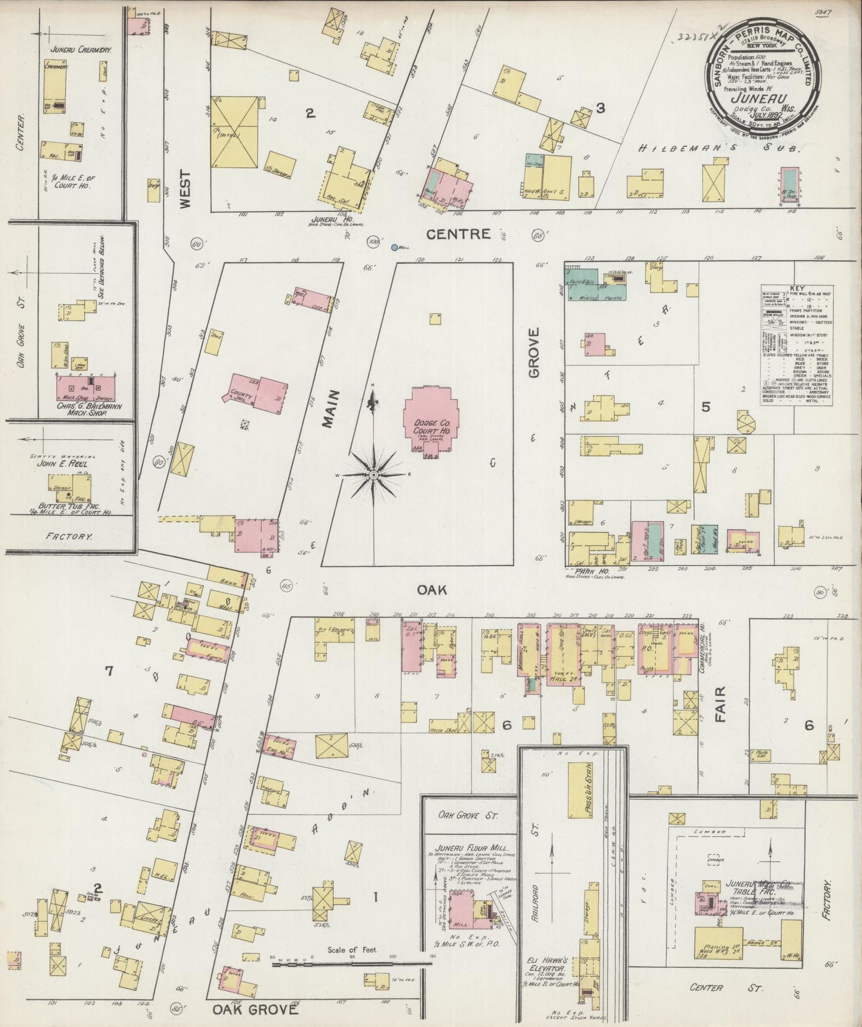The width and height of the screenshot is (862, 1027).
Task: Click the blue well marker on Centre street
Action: tap(394, 247)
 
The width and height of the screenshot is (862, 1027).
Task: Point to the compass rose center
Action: tap(373, 474)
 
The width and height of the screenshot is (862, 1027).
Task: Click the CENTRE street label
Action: tap(459, 234)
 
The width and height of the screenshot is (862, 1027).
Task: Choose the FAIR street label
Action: tap(720, 704)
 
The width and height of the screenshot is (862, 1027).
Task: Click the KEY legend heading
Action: tap(796, 288)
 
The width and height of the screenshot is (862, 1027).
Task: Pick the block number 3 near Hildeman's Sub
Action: tap(601, 108)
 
